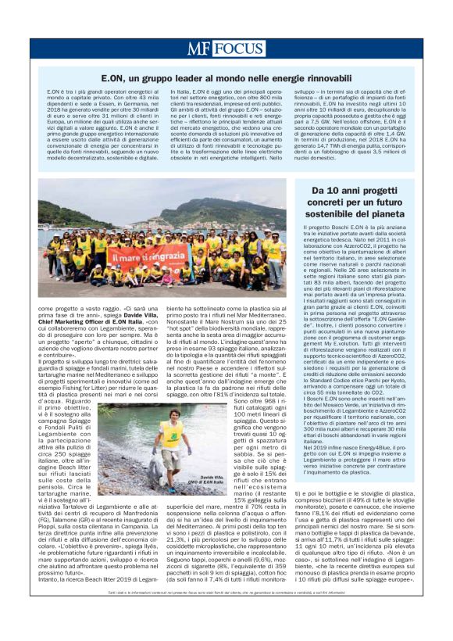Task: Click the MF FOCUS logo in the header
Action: coord(226,48)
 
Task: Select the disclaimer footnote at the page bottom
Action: coord(226,615)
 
